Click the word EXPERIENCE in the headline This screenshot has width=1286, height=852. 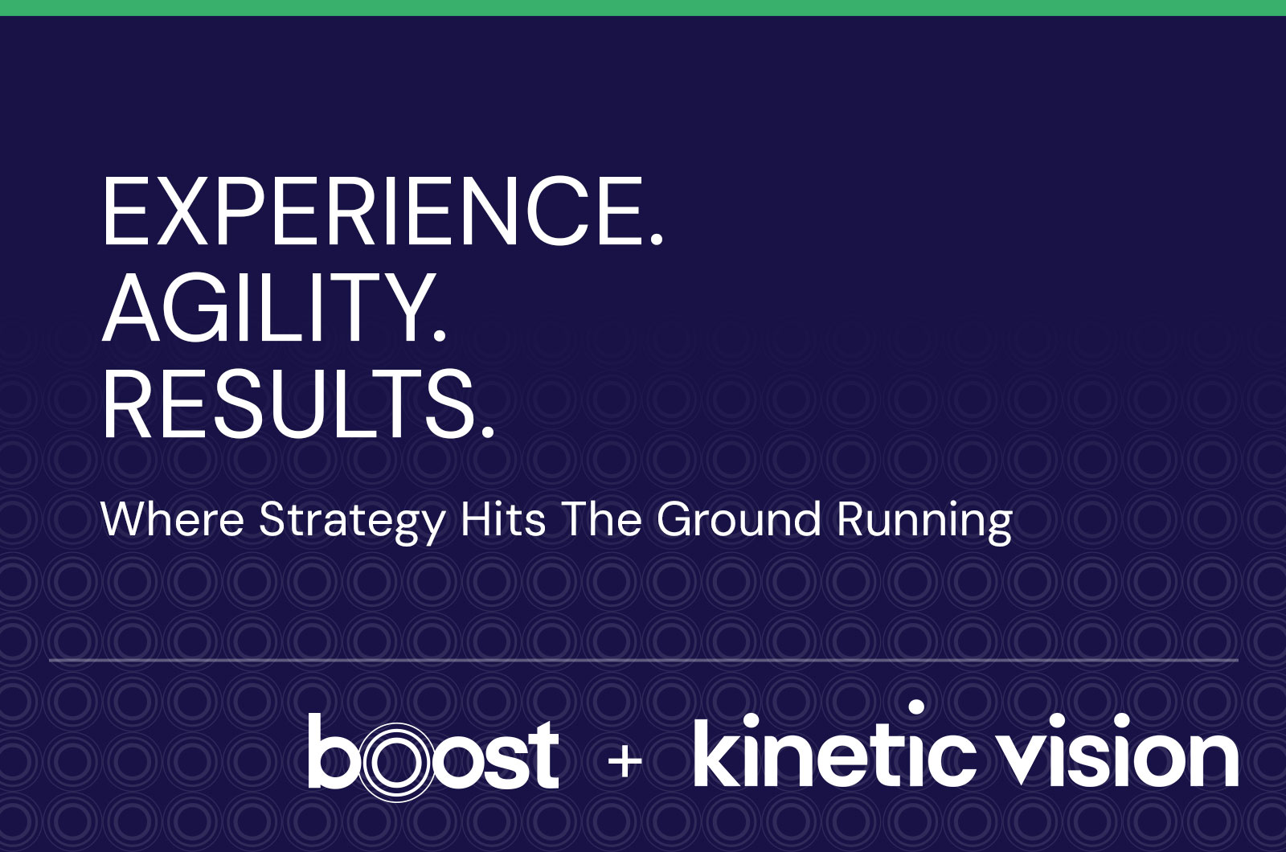pyautogui.click(x=371, y=211)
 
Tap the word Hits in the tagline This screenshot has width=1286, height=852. pyautogui.click(x=503, y=519)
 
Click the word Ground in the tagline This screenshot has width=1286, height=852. pyautogui.click(x=739, y=519)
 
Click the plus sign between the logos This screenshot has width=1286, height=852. pyautogui.click(x=625, y=762)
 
